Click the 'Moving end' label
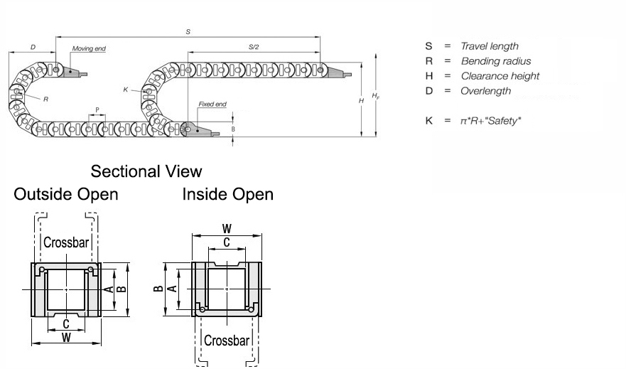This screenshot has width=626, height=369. click(x=89, y=48)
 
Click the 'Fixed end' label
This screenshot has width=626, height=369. click(x=212, y=105)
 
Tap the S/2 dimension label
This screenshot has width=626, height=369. click(x=254, y=47)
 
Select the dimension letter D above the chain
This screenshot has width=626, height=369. click(x=33, y=47)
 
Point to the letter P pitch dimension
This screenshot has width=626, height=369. click(x=97, y=109)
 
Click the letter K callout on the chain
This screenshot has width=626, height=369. click(x=125, y=90)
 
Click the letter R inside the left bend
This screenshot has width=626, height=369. click(x=45, y=100)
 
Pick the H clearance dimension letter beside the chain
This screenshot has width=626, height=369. click(x=362, y=101)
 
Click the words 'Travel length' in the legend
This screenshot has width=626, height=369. click(x=490, y=46)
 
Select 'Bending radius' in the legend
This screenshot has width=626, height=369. click(x=495, y=61)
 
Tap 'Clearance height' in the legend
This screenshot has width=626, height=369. click(x=500, y=76)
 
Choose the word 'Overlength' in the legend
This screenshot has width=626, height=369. click(x=485, y=91)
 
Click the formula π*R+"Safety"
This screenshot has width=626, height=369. click(x=491, y=121)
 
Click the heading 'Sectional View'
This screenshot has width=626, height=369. click(x=146, y=171)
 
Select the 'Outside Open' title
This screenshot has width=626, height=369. click(x=66, y=194)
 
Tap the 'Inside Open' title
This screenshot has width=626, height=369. click(x=227, y=194)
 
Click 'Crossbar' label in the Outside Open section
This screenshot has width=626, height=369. click(x=66, y=242)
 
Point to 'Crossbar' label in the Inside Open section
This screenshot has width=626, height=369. click(x=227, y=340)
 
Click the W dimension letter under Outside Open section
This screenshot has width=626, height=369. click(x=66, y=338)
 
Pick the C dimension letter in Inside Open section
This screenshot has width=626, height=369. click(x=227, y=242)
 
